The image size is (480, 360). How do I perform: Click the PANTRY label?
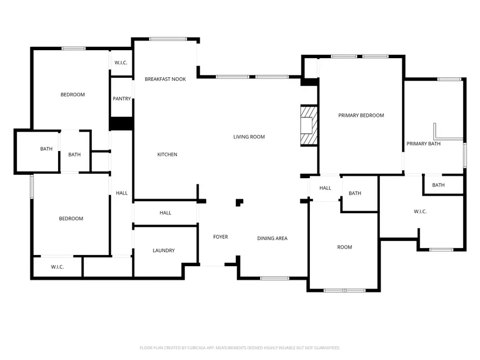(x=122, y=99)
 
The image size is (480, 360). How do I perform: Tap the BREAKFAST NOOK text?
(x=165, y=79)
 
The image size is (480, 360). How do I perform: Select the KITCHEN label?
(x=167, y=155)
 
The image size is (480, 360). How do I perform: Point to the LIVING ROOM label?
(x=249, y=137)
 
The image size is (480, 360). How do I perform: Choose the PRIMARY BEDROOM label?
(x=361, y=115)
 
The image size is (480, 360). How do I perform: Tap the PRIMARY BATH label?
(x=423, y=143)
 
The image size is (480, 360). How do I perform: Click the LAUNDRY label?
(x=163, y=251)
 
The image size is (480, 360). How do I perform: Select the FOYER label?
(x=220, y=237)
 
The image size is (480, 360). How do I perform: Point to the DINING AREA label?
(x=272, y=238)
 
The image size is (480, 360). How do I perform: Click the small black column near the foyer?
(x=240, y=202)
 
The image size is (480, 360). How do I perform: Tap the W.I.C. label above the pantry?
(x=121, y=63)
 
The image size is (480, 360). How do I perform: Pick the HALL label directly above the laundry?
(x=165, y=213)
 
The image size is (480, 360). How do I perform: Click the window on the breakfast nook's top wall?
(x=167, y=38)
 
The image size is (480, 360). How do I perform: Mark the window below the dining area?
(x=275, y=278)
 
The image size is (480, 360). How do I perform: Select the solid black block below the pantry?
(x=121, y=123)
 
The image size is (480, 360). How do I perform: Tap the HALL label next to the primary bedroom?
(x=325, y=188)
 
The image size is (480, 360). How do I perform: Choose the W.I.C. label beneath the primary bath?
(x=420, y=212)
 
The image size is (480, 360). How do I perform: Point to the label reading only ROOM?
(x=345, y=247)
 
